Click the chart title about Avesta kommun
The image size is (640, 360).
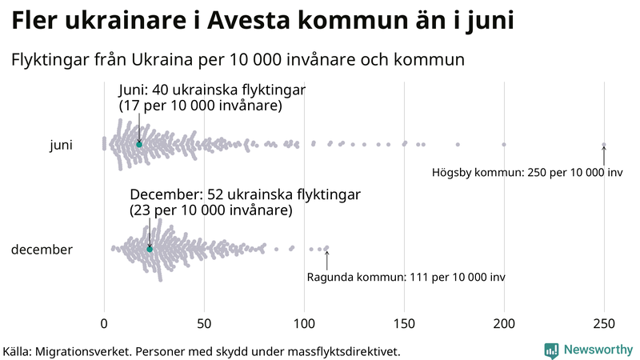262,22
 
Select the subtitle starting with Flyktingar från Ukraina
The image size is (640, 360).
238,59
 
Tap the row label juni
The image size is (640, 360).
61,145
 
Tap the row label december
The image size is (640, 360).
42,250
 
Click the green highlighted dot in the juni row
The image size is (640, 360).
138,144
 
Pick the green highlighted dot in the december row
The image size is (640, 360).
150,250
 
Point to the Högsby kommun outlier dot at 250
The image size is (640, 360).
604,145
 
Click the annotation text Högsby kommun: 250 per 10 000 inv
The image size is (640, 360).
526,172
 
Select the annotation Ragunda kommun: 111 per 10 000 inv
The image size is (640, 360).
406,277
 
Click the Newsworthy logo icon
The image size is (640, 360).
551,350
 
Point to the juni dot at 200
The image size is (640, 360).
504,144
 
